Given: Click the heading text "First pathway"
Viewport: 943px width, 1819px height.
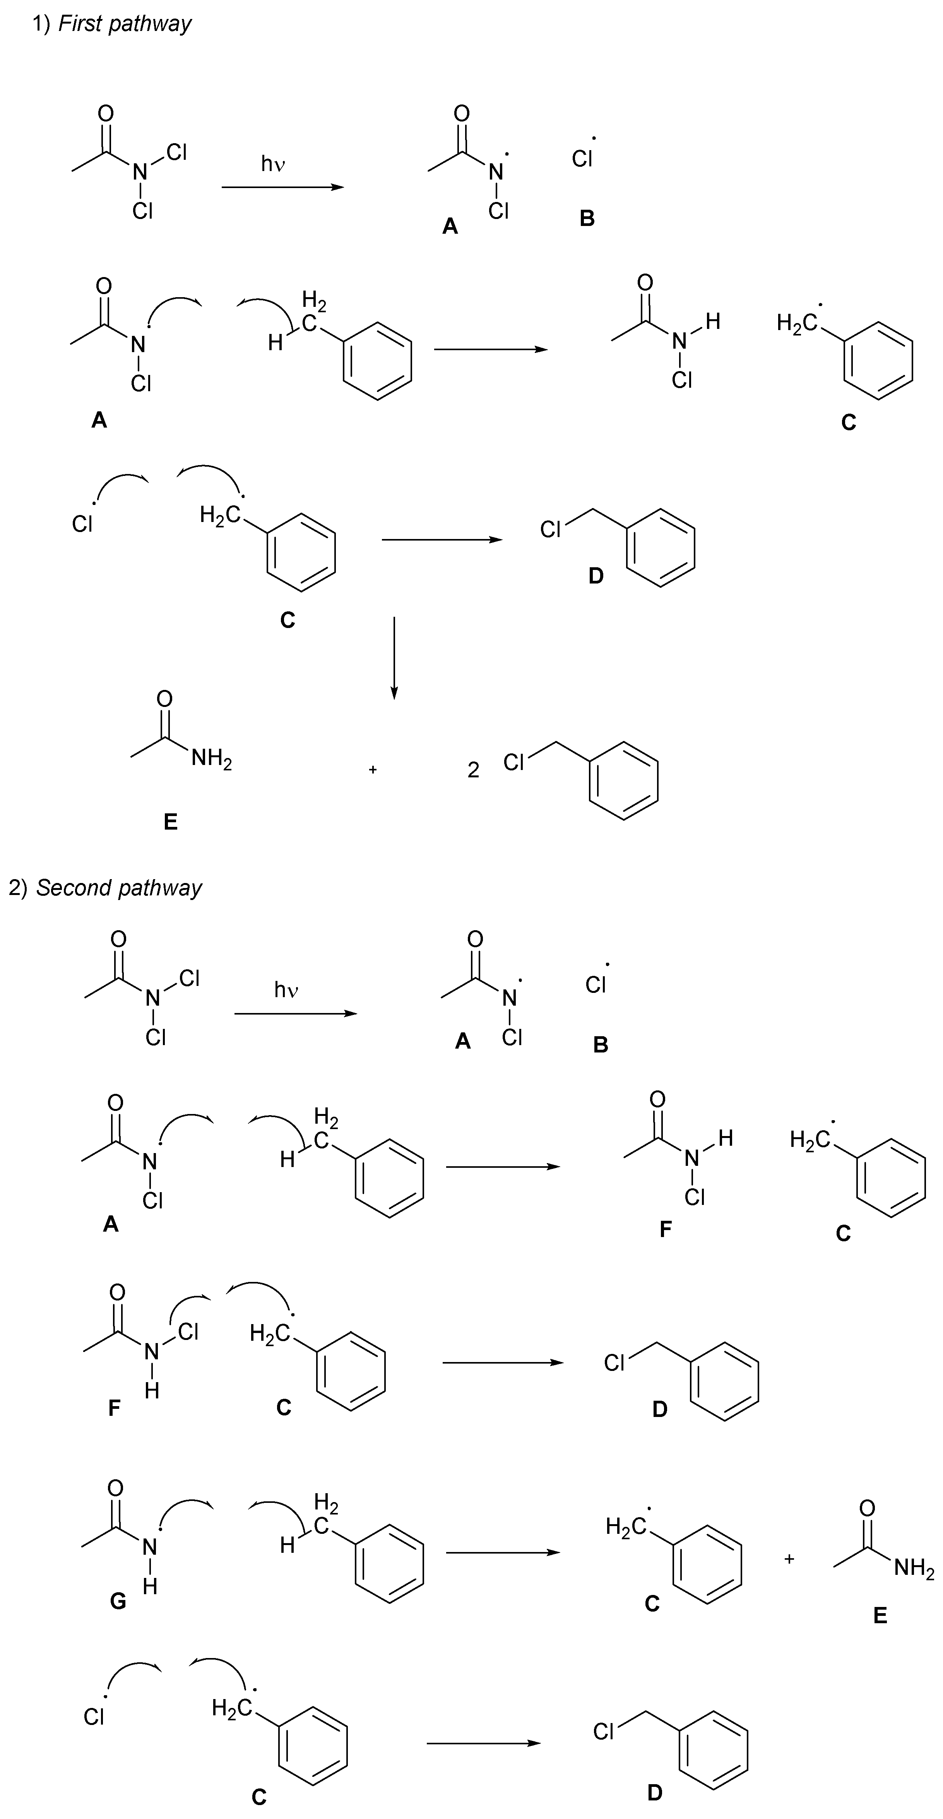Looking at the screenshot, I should (124, 24).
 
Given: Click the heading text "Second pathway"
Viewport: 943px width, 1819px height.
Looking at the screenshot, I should (119, 888).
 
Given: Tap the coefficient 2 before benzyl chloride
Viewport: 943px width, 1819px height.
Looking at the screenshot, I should (473, 770).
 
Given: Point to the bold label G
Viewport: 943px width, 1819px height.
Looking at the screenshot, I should (118, 1601).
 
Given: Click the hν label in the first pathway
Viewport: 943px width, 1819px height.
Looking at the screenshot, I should (273, 164).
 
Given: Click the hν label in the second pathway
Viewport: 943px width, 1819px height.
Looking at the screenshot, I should (286, 990).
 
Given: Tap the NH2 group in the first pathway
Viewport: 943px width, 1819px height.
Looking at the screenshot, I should (211, 759).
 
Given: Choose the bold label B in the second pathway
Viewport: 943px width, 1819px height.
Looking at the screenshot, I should (601, 1044).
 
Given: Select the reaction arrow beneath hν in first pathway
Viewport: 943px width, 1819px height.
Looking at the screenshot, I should (282, 187).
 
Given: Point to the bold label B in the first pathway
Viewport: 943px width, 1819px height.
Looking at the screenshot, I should (587, 219).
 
